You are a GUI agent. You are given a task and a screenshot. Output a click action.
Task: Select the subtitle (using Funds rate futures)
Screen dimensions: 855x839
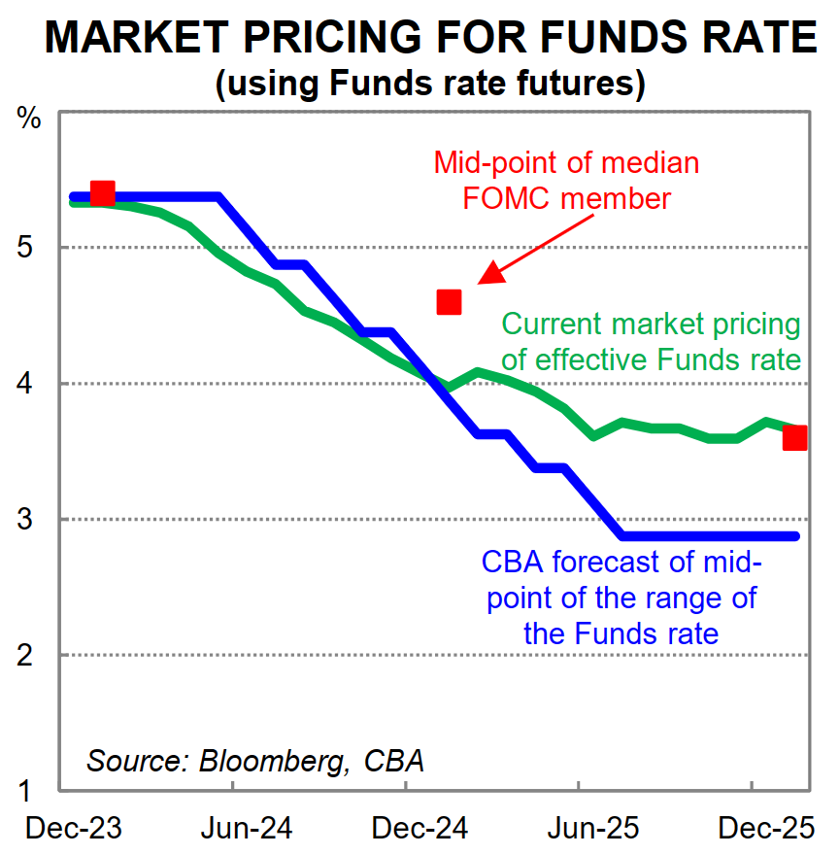click(430, 85)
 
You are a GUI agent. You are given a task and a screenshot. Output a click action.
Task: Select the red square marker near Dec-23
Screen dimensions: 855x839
click(102, 193)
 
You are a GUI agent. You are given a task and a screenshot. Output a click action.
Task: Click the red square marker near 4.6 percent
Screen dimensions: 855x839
click(449, 302)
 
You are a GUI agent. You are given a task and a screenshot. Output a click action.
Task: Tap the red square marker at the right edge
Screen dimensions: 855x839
click(794, 438)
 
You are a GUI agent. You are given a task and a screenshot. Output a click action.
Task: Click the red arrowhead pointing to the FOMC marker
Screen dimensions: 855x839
click(491, 273)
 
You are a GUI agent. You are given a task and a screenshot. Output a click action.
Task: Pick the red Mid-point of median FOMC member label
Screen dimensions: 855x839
click(566, 180)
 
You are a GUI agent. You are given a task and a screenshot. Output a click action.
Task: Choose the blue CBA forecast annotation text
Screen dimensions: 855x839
click(621, 598)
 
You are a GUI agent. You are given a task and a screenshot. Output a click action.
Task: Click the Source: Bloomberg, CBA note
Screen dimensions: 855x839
click(255, 759)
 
